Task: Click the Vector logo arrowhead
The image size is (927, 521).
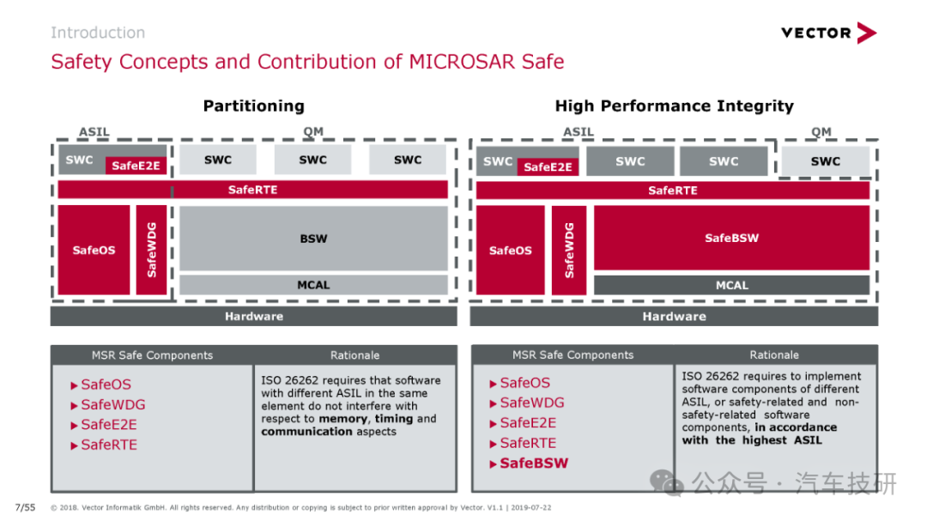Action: coord(867,33)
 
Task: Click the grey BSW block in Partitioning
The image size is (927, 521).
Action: coord(313,239)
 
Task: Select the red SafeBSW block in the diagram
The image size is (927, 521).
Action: coord(731,238)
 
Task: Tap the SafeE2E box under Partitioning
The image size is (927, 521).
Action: coord(136,166)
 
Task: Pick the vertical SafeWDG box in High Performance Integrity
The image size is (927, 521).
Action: coord(569,250)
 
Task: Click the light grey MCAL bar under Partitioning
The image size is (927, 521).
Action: coord(313,285)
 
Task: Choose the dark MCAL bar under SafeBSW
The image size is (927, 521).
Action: coord(731,285)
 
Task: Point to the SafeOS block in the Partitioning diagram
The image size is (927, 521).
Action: coord(94,250)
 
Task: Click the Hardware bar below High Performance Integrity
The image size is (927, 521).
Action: coord(674,317)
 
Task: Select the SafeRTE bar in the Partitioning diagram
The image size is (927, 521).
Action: coord(252,190)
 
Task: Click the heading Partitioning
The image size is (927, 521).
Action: coord(253,106)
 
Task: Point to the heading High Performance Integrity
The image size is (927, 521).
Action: coord(674,106)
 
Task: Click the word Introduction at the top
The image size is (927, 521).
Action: coord(98,33)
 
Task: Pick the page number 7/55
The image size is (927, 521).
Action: coord(26,507)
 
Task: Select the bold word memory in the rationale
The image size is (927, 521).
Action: coord(342,419)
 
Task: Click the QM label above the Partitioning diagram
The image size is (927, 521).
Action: coord(313,131)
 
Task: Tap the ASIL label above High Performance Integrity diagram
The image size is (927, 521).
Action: coord(579,132)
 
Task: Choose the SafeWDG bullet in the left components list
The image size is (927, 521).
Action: coord(108,404)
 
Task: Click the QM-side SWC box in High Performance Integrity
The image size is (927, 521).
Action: coord(826,161)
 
